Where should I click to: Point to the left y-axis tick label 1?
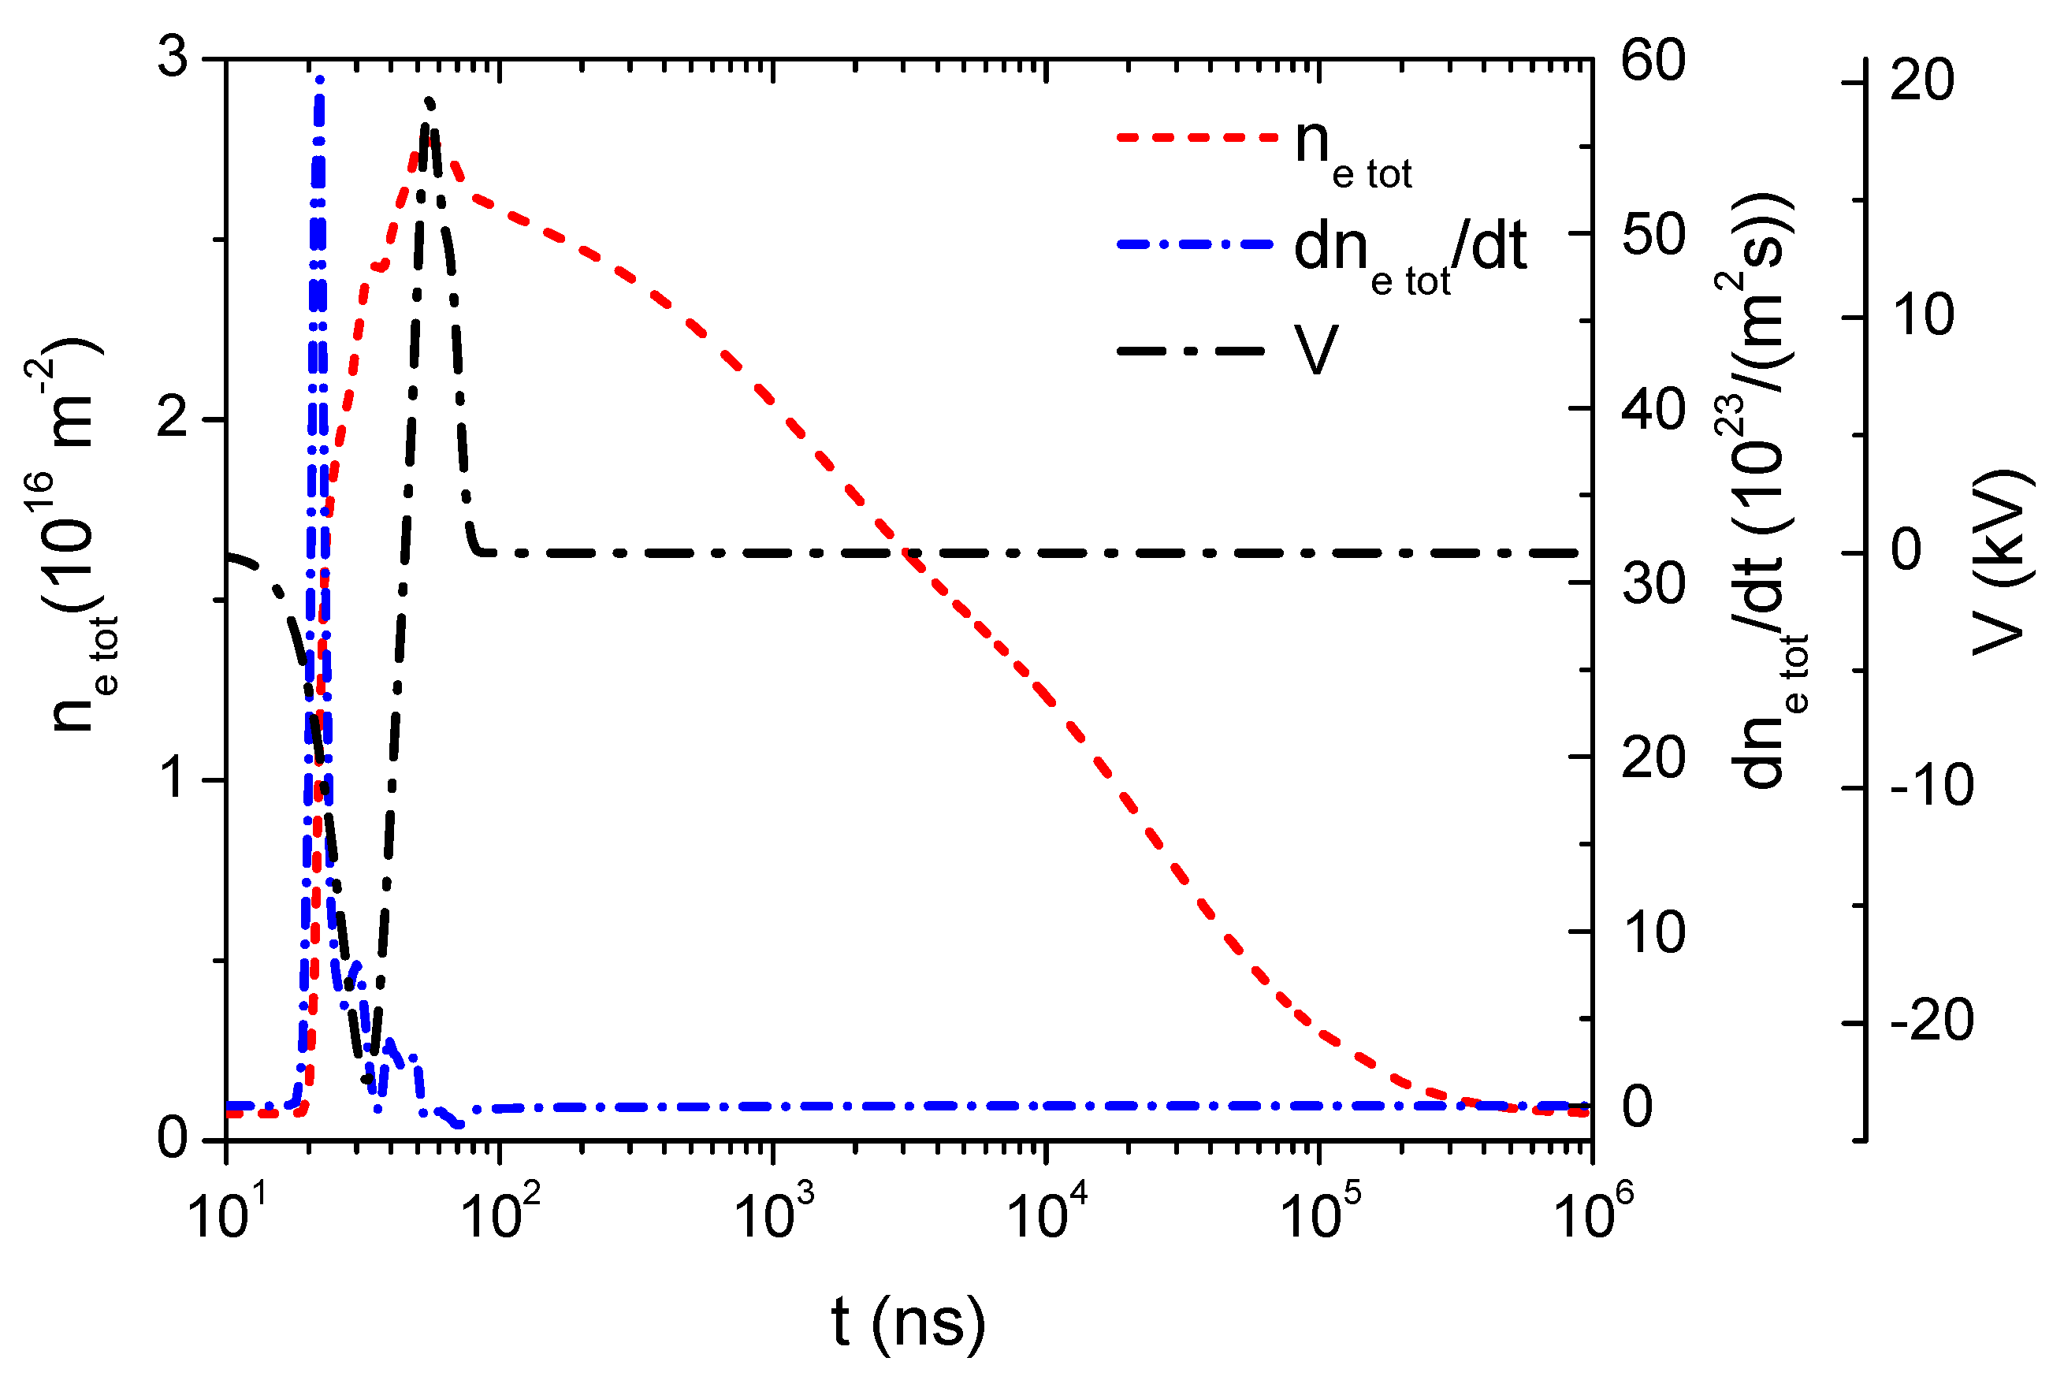pos(174,779)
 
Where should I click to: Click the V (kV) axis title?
pos(2001,564)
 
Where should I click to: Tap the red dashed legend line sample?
pos(1196,138)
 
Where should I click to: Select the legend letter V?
pos(1315,350)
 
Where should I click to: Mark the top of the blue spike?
pos(319,80)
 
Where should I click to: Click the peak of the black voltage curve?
pos(429,101)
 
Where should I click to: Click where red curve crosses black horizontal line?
pos(906,552)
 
